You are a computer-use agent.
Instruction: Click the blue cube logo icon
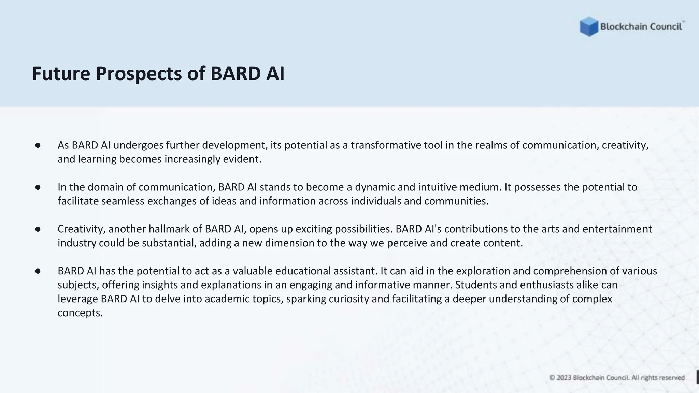[589, 27]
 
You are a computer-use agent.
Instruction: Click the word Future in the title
[61, 74]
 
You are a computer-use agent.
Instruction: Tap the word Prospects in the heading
[139, 74]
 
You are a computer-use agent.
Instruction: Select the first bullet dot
[38, 146]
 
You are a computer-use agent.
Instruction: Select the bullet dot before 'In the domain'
[38, 187]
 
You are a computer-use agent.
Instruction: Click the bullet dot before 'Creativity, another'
[38, 229]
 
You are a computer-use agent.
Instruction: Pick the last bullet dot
[38, 271]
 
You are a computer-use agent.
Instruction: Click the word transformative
[386, 145]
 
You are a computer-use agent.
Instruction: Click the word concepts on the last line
[80, 313]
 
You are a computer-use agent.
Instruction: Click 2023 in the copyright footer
[564, 378]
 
